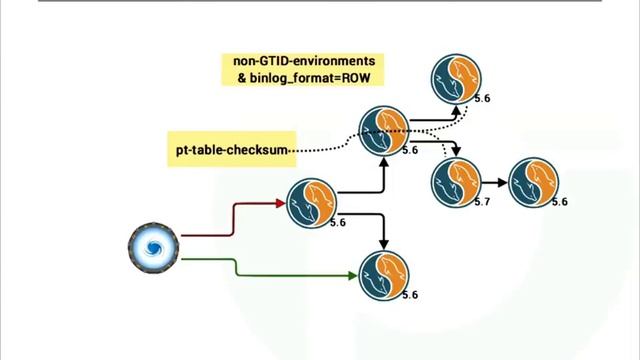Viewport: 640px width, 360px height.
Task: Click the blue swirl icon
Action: point(153,248)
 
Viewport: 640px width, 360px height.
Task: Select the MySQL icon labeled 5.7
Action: point(456,182)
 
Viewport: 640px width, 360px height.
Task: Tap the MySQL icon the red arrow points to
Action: point(312,203)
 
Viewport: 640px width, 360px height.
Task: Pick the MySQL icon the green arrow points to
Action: point(384,276)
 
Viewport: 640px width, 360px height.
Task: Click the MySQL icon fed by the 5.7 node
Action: point(533,182)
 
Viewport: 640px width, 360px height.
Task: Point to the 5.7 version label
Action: point(482,202)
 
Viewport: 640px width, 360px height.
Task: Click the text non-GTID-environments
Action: point(304,61)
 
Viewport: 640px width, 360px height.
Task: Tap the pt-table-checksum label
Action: point(232,150)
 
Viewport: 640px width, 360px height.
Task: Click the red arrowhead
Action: point(281,203)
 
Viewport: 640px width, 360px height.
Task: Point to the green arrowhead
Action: point(353,276)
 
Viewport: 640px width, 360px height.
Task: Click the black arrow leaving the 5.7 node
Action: point(495,182)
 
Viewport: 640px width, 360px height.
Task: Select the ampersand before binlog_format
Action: point(242,78)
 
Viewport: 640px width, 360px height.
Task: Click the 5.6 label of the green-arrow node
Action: point(410,295)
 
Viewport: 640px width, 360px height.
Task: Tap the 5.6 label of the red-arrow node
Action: point(338,222)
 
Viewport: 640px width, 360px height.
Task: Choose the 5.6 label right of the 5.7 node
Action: point(560,202)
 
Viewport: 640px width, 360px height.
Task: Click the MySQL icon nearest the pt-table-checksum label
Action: point(384,131)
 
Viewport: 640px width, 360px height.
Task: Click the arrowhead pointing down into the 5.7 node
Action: point(456,151)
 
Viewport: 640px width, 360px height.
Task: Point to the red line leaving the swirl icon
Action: point(233,219)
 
